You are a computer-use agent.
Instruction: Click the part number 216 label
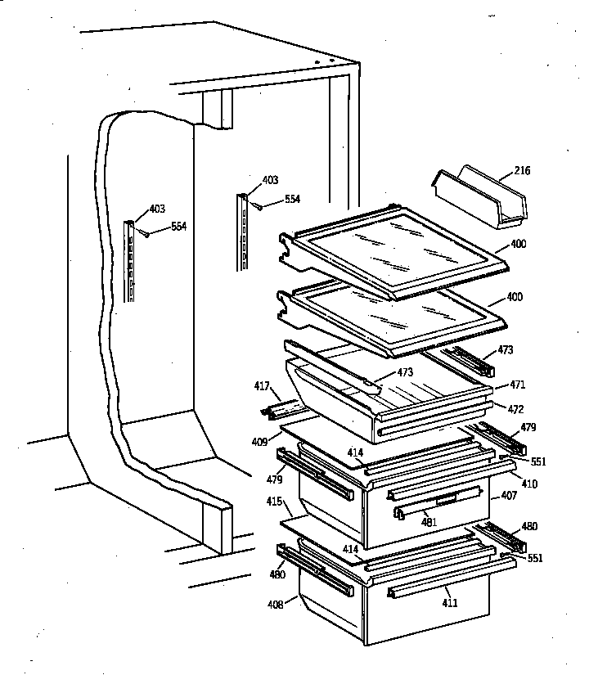point(522,171)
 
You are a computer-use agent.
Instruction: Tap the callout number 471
point(518,384)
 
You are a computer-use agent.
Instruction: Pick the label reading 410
point(529,484)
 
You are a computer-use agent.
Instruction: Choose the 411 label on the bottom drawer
point(450,603)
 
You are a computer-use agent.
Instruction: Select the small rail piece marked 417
point(280,407)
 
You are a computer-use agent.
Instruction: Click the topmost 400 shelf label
point(518,244)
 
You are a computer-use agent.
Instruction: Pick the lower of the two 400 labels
point(515,297)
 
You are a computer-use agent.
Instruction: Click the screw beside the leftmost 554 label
point(146,233)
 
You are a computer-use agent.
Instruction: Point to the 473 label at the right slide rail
point(506,350)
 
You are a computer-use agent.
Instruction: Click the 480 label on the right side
point(530,526)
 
